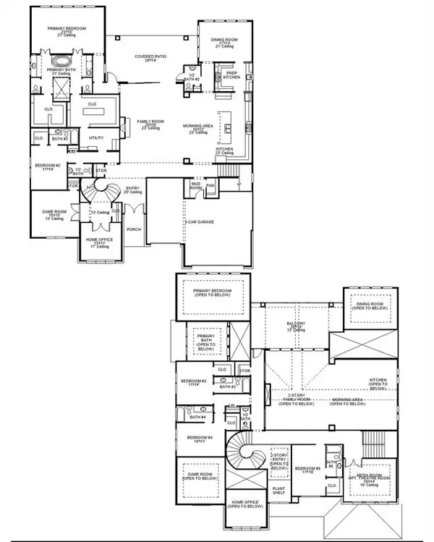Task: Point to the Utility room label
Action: pos(95,137)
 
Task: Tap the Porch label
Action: pos(133,230)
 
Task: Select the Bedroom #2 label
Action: pos(47,167)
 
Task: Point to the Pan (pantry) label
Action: pos(210,185)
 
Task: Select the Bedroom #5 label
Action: pos(307,471)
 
